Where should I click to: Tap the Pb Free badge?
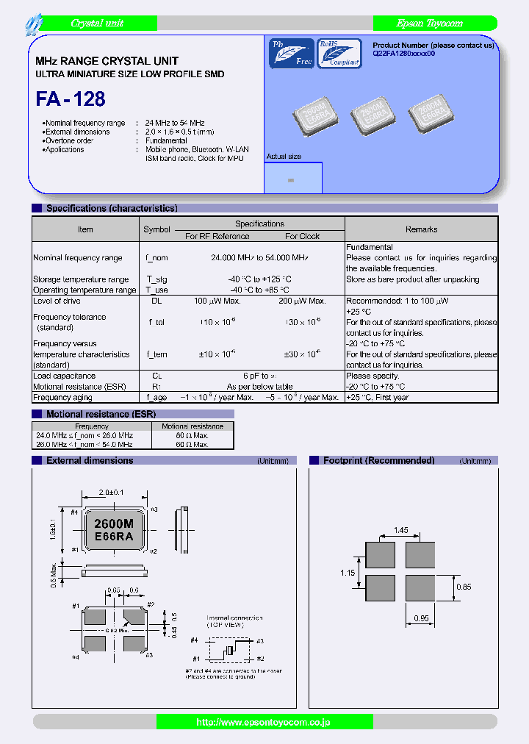(291, 53)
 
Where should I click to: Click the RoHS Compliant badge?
(339, 53)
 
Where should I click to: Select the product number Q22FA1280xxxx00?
(404, 54)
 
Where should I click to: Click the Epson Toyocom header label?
(430, 24)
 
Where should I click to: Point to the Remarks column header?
(421, 229)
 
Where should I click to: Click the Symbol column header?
(156, 229)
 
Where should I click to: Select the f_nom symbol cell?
(156, 258)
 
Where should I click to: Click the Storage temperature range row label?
(81, 279)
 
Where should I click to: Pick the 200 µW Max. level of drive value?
(302, 301)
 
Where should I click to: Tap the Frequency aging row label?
(62, 397)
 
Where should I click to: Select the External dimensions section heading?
(90, 461)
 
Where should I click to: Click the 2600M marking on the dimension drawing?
(114, 523)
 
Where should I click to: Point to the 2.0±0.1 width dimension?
(112, 493)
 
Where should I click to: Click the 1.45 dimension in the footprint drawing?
(400, 529)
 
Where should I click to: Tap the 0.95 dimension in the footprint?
(420, 618)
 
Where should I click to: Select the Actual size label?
(284, 157)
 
